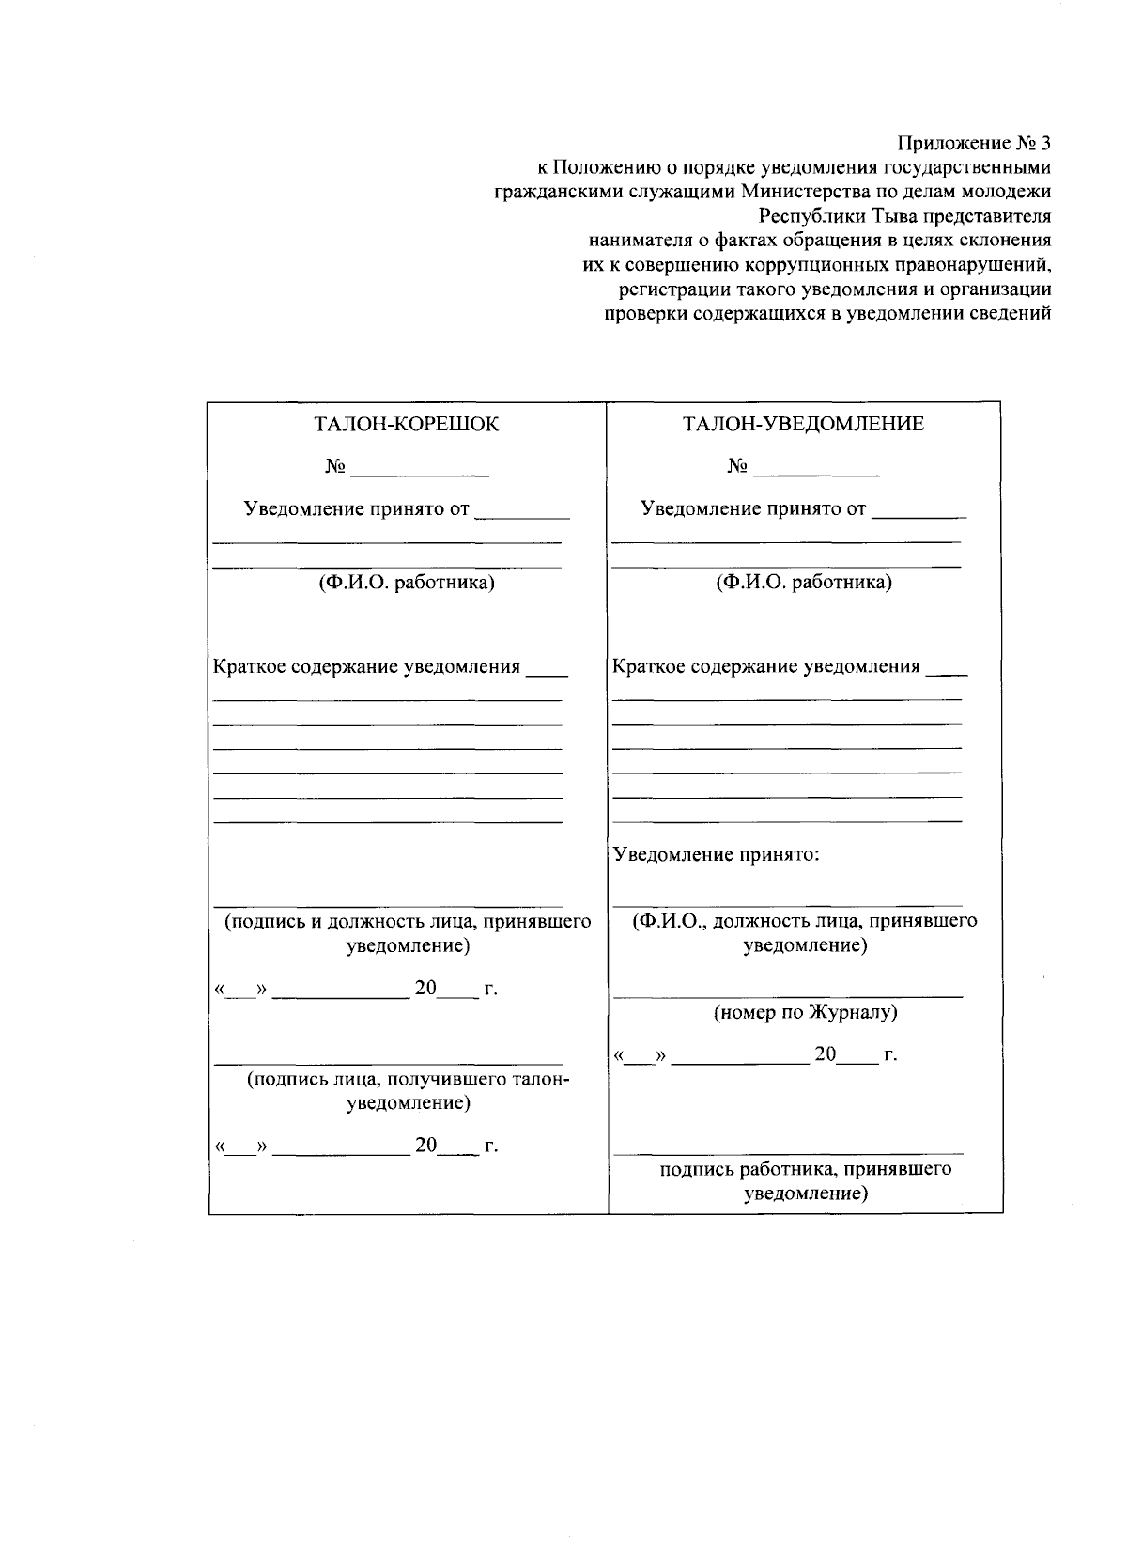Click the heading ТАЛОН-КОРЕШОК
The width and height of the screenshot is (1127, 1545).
406,424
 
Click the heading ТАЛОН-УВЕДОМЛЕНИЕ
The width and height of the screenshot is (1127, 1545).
803,424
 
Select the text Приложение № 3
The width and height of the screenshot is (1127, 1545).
973,143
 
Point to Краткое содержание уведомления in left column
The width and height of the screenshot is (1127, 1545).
366,667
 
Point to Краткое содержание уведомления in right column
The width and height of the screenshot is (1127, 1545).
765,667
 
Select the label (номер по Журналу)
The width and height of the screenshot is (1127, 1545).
805,1013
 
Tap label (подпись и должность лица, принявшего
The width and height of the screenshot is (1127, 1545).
407,922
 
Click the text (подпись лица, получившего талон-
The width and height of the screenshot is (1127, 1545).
408,1080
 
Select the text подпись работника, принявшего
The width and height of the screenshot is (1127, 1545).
805,1169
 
